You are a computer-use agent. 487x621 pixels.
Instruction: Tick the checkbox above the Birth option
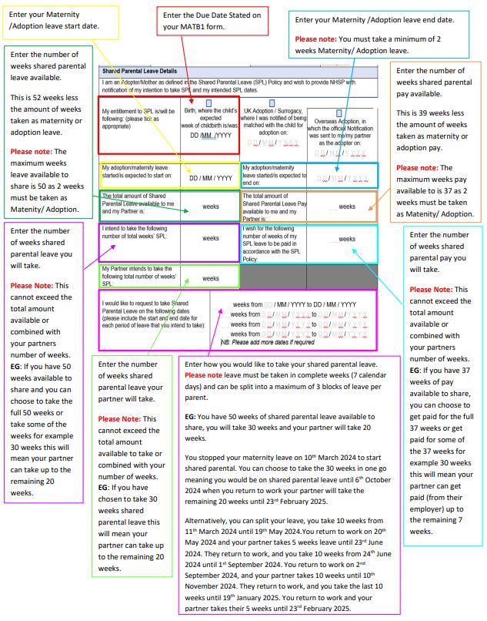pos(208,102)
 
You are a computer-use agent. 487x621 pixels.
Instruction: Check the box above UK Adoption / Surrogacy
pos(272,102)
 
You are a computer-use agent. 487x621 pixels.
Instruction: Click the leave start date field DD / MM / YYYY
pos(210,178)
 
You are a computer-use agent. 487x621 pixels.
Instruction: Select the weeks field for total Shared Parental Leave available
pos(210,206)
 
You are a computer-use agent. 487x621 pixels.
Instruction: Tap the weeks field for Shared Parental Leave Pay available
pos(346,206)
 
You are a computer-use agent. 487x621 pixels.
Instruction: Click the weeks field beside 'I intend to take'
pos(210,239)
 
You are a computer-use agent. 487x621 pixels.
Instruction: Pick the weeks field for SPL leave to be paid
pos(346,239)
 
